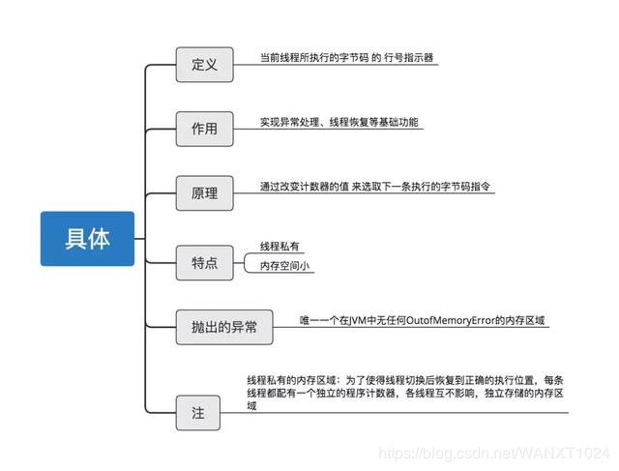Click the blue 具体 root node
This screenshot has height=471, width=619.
pyautogui.click(x=87, y=239)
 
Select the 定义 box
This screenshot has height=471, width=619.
pyautogui.click(x=204, y=66)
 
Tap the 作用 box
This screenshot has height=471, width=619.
pyautogui.click(x=204, y=129)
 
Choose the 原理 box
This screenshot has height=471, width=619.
pyautogui.click(x=204, y=192)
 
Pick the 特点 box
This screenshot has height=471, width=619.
pyautogui.click(x=204, y=262)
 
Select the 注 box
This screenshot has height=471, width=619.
pyautogui.click(x=198, y=412)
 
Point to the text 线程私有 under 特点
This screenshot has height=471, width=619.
pyautogui.click(x=280, y=247)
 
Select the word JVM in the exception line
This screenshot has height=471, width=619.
pyautogui.click(x=357, y=318)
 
